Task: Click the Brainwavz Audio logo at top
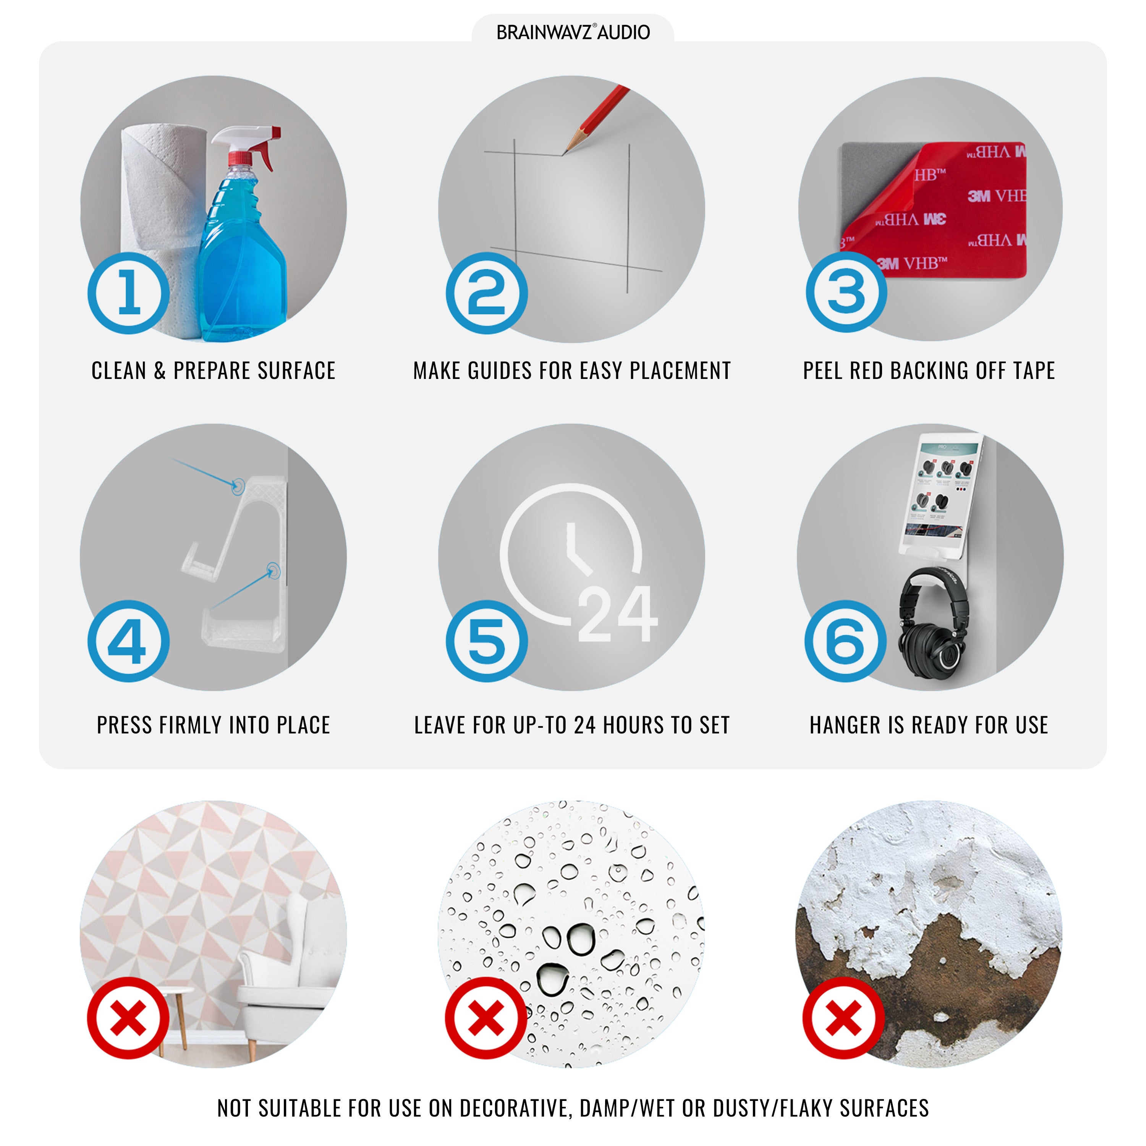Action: tap(573, 32)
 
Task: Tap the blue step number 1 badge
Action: tap(129, 293)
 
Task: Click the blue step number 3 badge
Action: tap(847, 292)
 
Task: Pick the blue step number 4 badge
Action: tap(129, 641)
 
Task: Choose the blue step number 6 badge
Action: tap(846, 641)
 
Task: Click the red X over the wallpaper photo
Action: tap(128, 1018)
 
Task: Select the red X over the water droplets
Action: tap(486, 1018)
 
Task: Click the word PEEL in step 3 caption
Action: tap(822, 371)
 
